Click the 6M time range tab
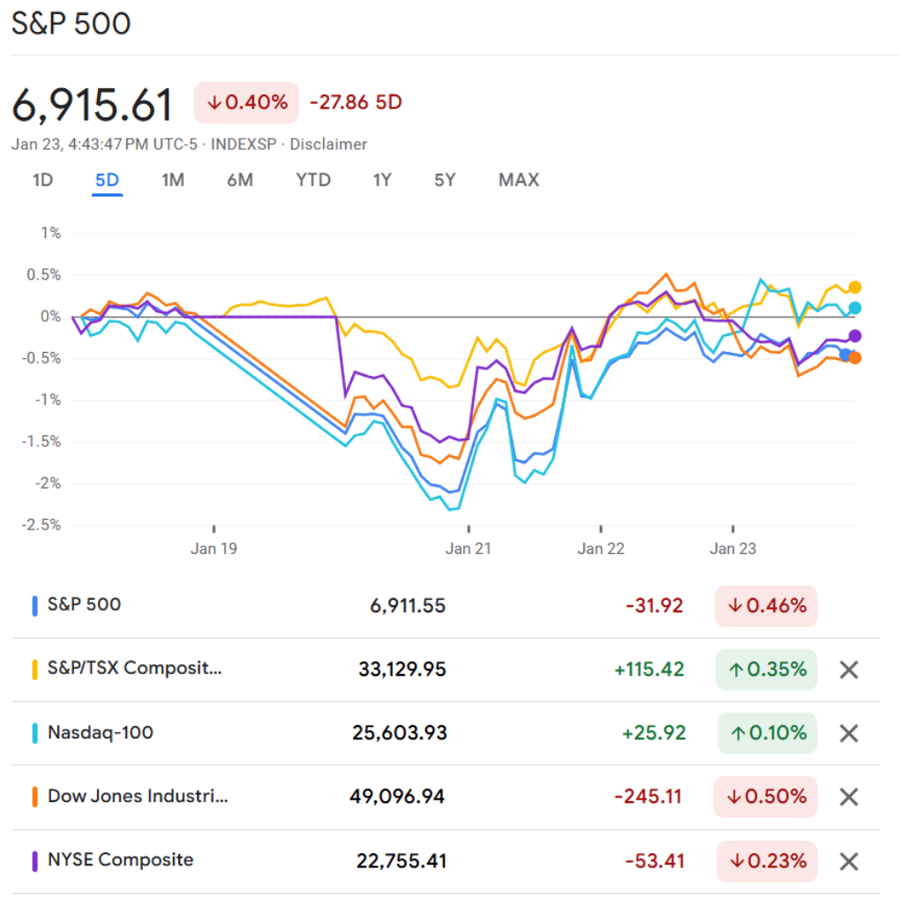tap(239, 180)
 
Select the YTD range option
tap(313, 180)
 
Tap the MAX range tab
tap(518, 180)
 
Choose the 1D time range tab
tap(42, 180)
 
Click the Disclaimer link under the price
tap(328, 145)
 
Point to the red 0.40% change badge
tap(247, 102)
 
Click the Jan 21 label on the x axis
tap(469, 549)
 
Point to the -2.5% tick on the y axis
tap(43, 525)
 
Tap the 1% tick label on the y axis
tap(51, 234)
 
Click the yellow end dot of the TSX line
tap(854, 288)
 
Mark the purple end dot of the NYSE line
tap(854, 336)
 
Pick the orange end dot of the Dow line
tap(854, 357)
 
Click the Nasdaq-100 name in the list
tap(100, 732)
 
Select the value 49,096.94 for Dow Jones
tap(397, 797)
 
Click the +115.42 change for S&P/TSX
tap(650, 670)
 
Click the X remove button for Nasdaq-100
tap(848, 733)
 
